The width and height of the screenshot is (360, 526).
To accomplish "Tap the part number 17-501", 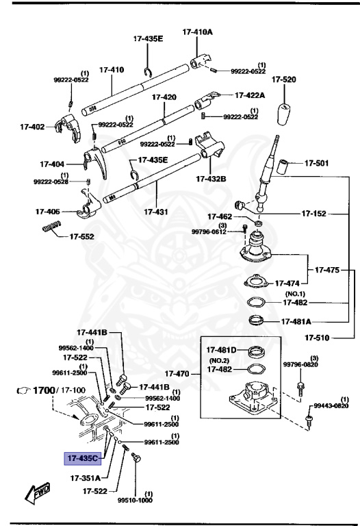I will point(316,164).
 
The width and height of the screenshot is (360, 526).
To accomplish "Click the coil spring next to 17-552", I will point(52,227).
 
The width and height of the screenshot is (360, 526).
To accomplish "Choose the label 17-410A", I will point(197,32).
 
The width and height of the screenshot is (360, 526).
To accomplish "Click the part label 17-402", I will point(32,127).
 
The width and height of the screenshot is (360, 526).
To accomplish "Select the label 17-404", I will point(51,164).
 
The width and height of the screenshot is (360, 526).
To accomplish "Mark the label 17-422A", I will point(252,96).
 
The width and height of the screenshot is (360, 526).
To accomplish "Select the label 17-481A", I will point(296,321).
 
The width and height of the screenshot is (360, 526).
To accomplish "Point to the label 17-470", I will point(181,374).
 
